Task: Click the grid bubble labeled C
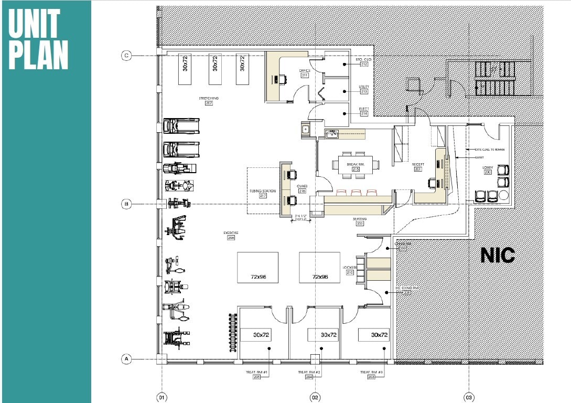pyautogui.click(x=126, y=55)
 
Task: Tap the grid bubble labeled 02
pyautogui.click(x=315, y=397)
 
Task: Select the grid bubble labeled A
pyautogui.click(x=126, y=359)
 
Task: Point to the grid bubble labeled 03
pyautogui.click(x=468, y=397)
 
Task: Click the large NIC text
pyautogui.click(x=498, y=256)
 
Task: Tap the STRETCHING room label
pyautogui.click(x=209, y=98)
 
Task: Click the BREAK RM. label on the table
pyautogui.click(x=355, y=164)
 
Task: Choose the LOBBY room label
pyautogui.click(x=488, y=168)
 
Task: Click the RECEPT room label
pyautogui.click(x=418, y=164)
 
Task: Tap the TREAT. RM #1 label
pyautogui.click(x=257, y=372)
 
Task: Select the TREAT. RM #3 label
pyautogui.click(x=371, y=372)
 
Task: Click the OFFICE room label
pyautogui.click(x=305, y=70)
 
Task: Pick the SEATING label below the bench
pyautogui.click(x=360, y=219)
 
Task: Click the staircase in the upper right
pyautogui.click(x=495, y=79)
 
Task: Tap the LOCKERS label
pyautogui.click(x=349, y=267)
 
